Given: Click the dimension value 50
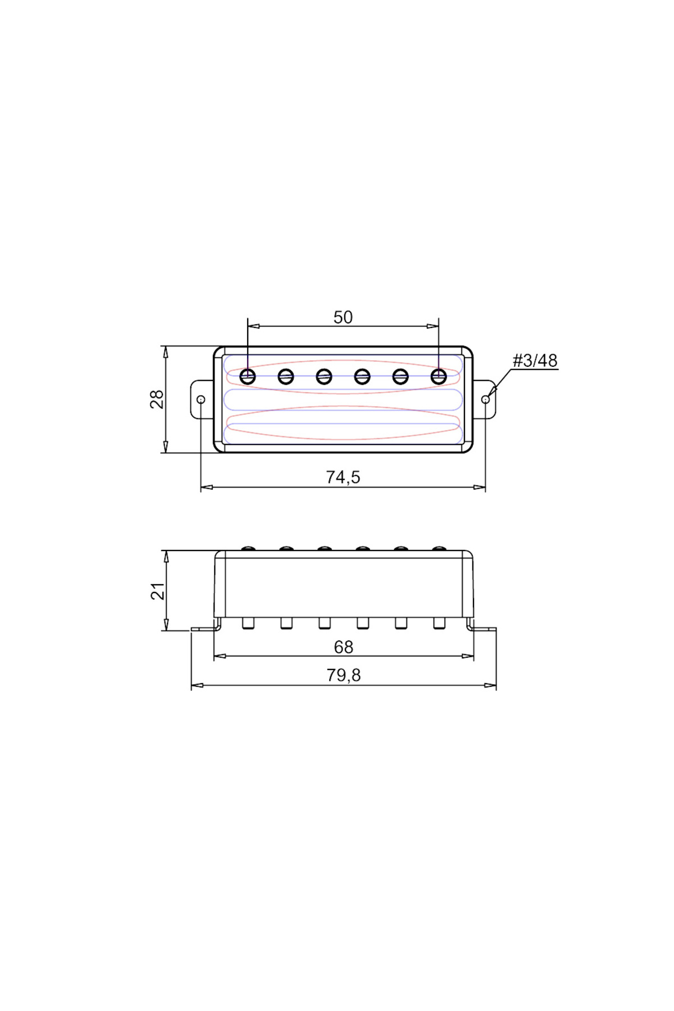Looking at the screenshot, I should tap(343, 317).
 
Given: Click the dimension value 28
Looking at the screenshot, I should tap(157, 399).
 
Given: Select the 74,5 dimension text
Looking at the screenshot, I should tap(343, 477).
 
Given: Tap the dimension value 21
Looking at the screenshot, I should tap(158, 591).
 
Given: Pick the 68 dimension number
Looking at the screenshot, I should tap(343, 647).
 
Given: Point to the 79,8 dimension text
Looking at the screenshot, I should tap(343, 675).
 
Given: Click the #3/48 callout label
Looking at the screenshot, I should tap(535, 361).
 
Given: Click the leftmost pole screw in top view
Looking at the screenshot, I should tap(248, 376).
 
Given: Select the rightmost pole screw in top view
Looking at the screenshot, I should tap(439, 376).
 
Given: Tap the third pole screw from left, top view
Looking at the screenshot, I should tap(324, 376).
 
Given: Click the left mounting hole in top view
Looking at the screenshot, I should tap(201, 399).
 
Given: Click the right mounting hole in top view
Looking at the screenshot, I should tap(485, 399).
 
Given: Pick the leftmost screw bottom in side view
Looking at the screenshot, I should tap(248, 623).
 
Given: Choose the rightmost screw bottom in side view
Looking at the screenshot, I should tap(439, 623).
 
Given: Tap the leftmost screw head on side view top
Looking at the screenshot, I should tap(248, 548).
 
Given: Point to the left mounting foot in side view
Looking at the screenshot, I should tap(204, 628).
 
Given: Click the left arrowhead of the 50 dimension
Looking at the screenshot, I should tap(253, 326).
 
